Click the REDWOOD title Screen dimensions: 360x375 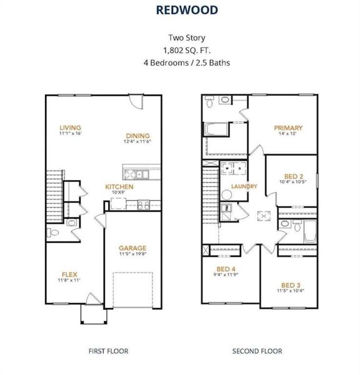coord(187,10)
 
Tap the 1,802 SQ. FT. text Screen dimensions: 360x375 coord(187,50)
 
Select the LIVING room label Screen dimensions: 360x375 coord(71,127)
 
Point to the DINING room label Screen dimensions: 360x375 coord(137,136)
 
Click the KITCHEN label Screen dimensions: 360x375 coord(119,186)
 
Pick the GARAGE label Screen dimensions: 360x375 coord(132,248)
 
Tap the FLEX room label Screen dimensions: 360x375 coord(69,274)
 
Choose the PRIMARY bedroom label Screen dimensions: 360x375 coord(288,127)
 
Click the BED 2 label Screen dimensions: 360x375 coord(294,176)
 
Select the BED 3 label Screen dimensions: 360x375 coord(291,286)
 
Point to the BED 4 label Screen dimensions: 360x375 coord(226,269)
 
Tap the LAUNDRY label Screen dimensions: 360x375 coord(244,186)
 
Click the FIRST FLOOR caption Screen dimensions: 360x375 coord(108,351)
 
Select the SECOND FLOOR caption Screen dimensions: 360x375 coord(257,351)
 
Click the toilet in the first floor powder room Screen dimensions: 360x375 coord(53,232)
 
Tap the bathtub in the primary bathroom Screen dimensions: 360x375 coord(216,129)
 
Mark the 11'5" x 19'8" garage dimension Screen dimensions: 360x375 coord(132,254)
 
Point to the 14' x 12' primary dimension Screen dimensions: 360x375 coord(287,134)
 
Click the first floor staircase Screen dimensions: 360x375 coord(55,197)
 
